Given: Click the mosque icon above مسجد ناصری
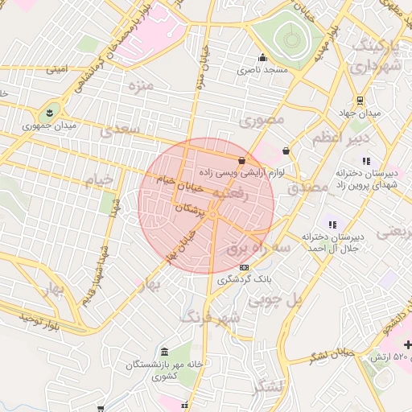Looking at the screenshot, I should pos(262,58).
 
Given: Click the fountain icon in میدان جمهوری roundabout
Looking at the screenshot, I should pos(51,111).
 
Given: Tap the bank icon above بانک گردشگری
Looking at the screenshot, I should pos(245,267).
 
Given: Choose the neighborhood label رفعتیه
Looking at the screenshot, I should pos(230,194).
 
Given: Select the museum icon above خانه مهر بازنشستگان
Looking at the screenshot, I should pos(164,352).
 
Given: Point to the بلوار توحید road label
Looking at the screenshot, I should pos(30,319).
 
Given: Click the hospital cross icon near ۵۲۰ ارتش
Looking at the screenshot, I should pos(406,344).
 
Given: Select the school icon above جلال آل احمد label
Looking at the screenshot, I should pos(332,224).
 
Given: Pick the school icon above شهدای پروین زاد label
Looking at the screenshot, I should pos(367,162).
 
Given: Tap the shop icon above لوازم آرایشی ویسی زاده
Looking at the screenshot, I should pos(242,161).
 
